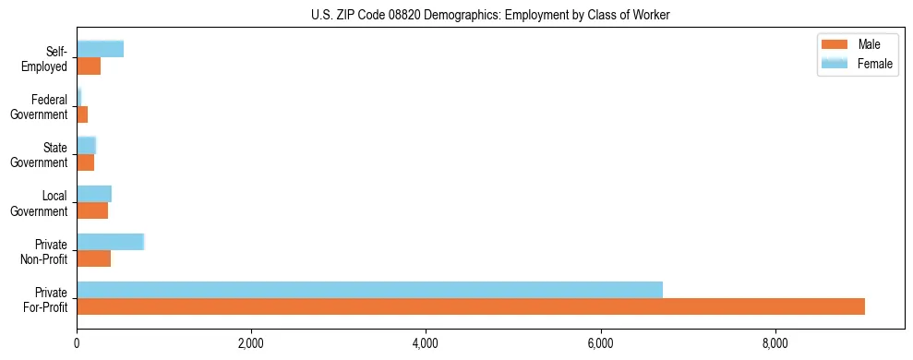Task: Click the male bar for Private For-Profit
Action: click(471, 306)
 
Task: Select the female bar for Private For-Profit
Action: click(369, 290)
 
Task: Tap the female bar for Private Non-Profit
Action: click(110, 242)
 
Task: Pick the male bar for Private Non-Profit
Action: click(93, 258)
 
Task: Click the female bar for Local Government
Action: click(94, 194)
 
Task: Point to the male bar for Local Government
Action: click(92, 210)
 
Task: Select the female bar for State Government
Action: click(86, 145)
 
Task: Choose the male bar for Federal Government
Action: click(82, 114)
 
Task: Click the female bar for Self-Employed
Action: click(100, 49)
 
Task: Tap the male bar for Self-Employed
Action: click(89, 66)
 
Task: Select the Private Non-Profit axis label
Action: click(44, 252)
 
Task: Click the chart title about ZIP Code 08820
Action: click(489, 15)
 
